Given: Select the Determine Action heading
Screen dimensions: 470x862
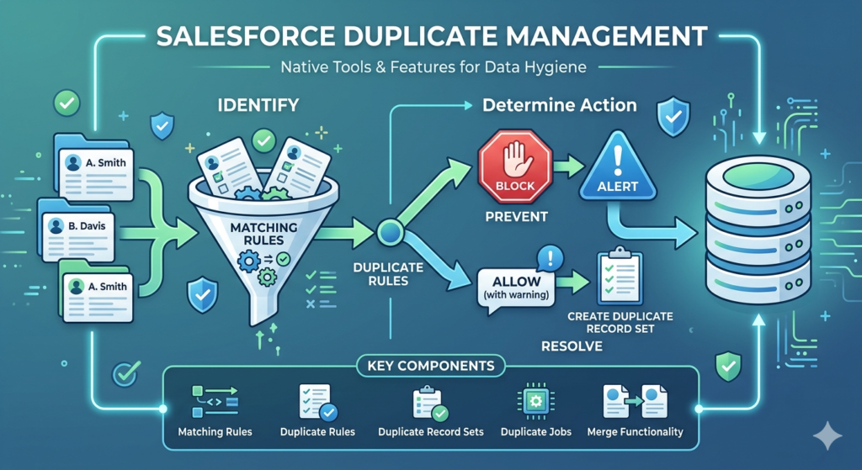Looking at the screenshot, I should tap(559, 107).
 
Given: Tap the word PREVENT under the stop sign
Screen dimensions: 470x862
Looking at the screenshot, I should tap(516, 217).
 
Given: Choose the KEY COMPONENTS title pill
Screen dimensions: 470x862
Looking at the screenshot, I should tap(431, 367).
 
